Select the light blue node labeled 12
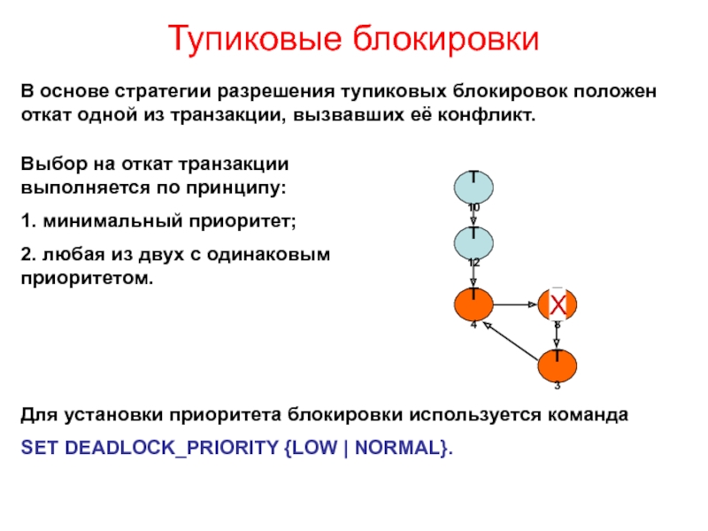[x=473, y=243]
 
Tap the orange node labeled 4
[x=473, y=304]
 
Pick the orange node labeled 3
[x=557, y=365]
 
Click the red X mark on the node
[x=557, y=306]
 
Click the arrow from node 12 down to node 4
[x=473, y=275]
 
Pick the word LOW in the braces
[x=310, y=449]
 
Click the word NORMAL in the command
[x=395, y=449]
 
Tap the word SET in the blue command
[x=38, y=449]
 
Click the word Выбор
[x=50, y=165]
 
